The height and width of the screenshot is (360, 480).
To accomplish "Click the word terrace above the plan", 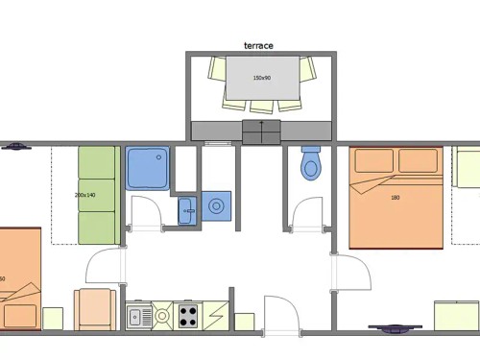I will pyautogui.click(x=260, y=44).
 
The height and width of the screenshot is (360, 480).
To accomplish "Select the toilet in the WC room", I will pyautogui.click(x=310, y=164).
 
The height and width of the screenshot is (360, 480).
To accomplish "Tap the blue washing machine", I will pyautogui.click(x=218, y=205).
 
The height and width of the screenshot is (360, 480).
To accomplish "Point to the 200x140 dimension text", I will pyautogui.click(x=84, y=195).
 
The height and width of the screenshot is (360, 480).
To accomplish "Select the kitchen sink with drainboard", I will pyautogui.click(x=137, y=314).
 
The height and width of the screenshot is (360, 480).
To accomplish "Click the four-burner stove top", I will pyautogui.click(x=187, y=314).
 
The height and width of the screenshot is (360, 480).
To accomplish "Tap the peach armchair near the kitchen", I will pyautogui.click(x=95, y=309).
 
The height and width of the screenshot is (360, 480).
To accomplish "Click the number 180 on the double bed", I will pyautogui.click(x=395, y=198).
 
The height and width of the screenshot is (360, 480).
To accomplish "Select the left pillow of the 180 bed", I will pyautogui.click(x=372, y=161).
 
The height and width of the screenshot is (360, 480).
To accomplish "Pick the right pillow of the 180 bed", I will pyautogui.click(x=418, y=161).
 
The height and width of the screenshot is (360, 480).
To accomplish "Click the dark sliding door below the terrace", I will pyautogui.click(x=261, y=132).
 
